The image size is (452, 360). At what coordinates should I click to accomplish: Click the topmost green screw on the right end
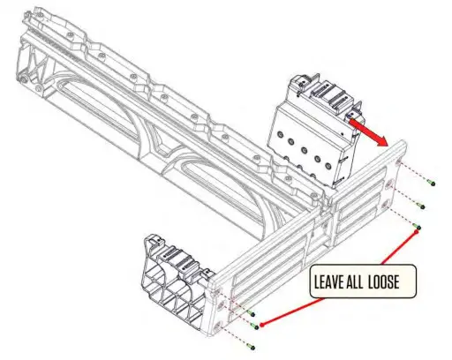(x=429, y=182)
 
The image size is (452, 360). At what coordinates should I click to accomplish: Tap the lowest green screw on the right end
(x=419, y=228)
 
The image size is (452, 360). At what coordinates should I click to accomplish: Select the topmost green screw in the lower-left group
(x=253, y=314)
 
